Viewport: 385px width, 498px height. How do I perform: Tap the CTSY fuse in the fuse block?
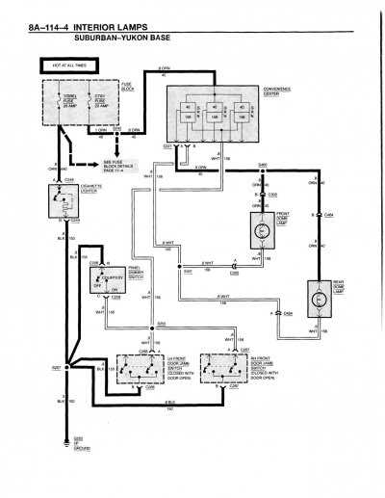(x=106, y=100)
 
